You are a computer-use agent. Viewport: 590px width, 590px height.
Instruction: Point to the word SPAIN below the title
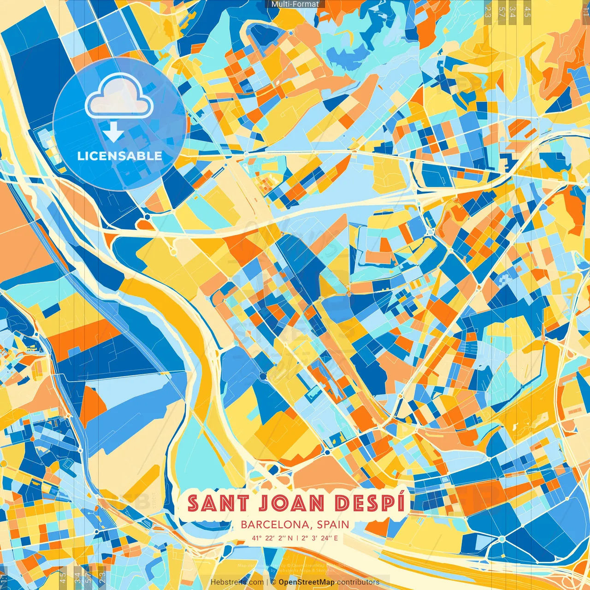[x=333, y=525]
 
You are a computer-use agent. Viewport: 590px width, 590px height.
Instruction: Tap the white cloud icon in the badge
[x=119, y=96]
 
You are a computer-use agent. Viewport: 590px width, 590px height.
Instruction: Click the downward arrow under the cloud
[x=113, y=133]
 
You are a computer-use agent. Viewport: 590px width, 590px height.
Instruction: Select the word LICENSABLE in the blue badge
[x=120, y=156]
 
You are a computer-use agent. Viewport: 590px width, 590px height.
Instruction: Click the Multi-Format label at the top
[x=295, y=4]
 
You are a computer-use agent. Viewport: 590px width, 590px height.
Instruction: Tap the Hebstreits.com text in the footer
[x=237, y=582]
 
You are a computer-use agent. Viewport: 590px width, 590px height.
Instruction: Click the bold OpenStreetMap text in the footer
[x=307, y=582]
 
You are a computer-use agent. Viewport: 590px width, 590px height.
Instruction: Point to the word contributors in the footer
[x=358, y=582]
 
